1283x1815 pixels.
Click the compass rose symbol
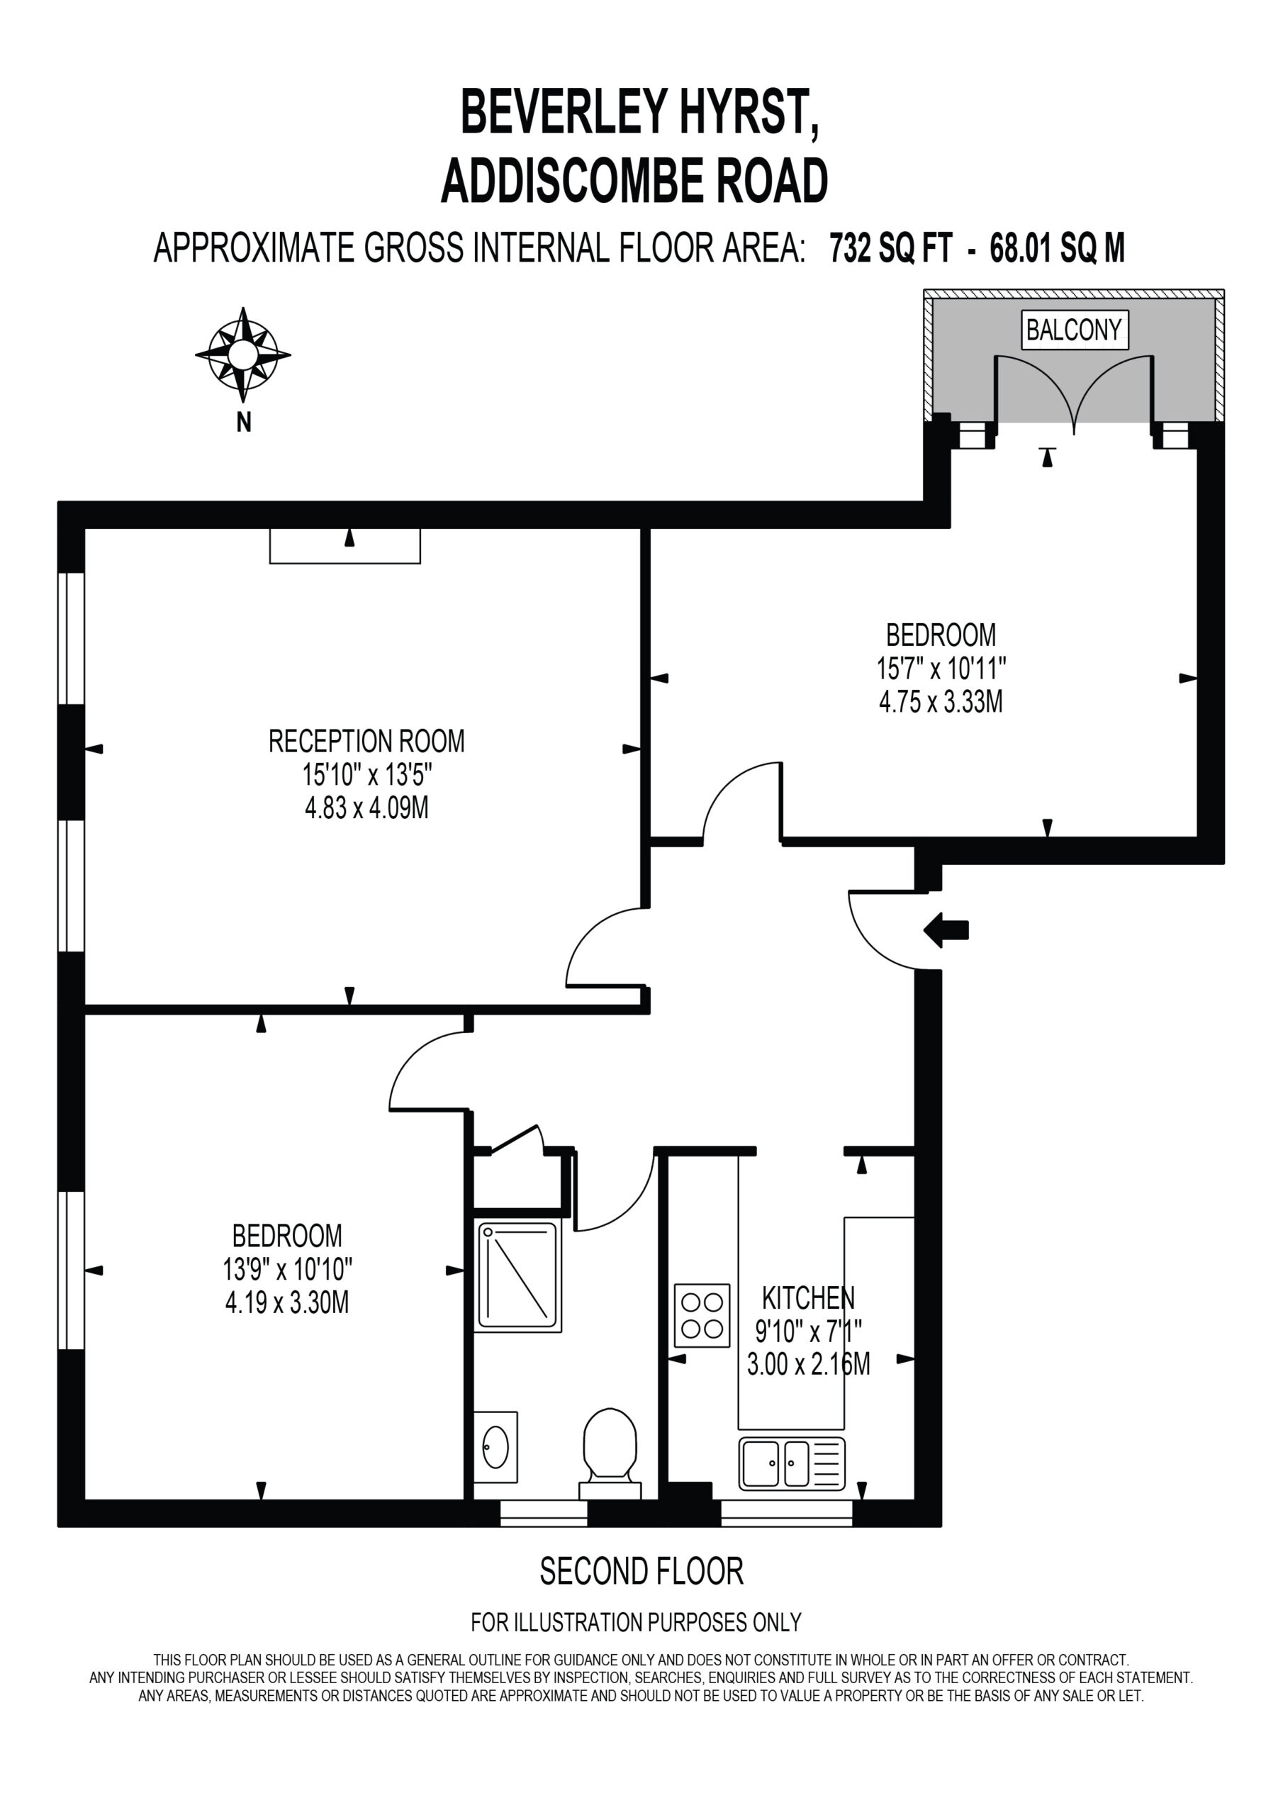coord(242,354)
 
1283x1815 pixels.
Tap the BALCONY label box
coord(1073,329)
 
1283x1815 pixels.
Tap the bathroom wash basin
coord(495,1446)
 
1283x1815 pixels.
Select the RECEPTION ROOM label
coord(366,741)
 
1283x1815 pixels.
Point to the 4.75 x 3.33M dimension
coord(941,701)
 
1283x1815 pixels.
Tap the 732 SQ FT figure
coord(891,248)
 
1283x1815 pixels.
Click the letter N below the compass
coord(243,423)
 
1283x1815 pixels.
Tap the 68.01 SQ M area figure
coord(1058,248)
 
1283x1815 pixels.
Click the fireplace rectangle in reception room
coord(344,545)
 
